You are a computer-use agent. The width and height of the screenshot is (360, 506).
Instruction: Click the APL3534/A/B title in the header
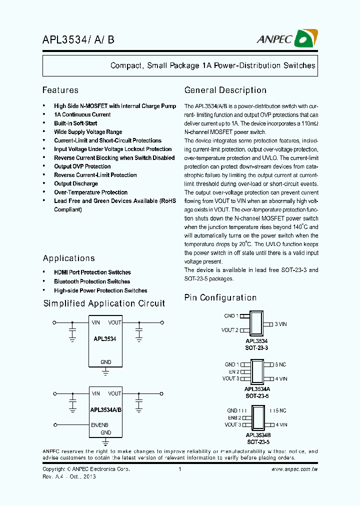[78, 39]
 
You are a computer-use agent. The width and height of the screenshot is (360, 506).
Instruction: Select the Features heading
[60, 90]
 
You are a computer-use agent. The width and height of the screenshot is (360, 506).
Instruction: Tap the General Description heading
[225, 90]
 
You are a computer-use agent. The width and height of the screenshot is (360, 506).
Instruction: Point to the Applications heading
[69, 258]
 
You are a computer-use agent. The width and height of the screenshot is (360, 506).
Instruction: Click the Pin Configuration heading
[220, 298]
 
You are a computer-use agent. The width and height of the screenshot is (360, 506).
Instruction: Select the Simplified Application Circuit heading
[104, 303]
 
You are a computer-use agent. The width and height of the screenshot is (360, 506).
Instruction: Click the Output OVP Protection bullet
[82, 166]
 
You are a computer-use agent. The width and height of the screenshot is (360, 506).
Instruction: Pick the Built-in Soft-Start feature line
[75, 123]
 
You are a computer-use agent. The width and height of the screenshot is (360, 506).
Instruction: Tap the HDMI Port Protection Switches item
[92, 272]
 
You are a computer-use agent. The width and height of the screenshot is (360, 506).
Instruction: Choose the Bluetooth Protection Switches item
[92, 281]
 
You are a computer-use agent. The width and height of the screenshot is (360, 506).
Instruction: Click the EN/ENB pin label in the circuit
[99, 425]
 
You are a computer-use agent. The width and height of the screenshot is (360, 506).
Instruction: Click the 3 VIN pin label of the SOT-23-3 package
[281, 324]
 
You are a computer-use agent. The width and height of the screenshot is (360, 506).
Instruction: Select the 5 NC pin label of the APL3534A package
[281, 364]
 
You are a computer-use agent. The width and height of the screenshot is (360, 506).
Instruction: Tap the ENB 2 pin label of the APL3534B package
[234, 417]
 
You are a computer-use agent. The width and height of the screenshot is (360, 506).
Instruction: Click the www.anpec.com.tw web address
[294, 469]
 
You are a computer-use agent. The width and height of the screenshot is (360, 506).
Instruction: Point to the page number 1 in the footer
[179, 469]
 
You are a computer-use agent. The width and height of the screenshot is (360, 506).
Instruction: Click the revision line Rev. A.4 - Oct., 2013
[69, 476]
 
